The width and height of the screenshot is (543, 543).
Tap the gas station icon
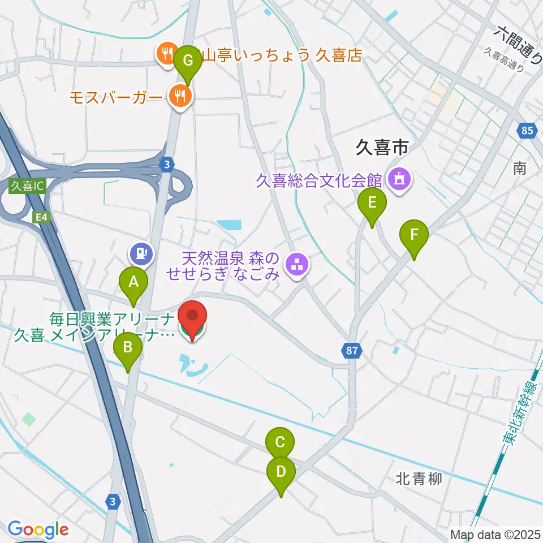click(141, 253)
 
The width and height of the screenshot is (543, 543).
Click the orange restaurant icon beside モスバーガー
click(180, 96)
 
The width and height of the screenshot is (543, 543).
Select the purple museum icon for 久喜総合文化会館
click(400, 180)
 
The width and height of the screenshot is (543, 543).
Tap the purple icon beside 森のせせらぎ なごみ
click(296, 263)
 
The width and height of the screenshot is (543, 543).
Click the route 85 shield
click(527, 131)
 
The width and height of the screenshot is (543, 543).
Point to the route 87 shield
click(352, 351)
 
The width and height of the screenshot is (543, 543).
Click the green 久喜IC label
click(27, 186)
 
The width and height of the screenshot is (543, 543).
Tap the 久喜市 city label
click(382, 148)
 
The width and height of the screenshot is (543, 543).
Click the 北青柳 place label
click(419, 480)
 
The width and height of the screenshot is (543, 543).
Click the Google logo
click(38, 529)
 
